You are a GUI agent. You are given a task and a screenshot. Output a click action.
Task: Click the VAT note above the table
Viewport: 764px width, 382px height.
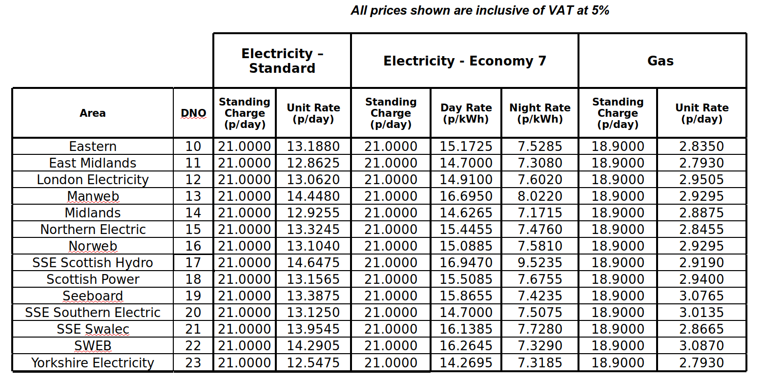tap(480, 11)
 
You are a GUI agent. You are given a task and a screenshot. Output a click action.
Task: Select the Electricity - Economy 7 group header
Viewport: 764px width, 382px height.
tap(464, 61)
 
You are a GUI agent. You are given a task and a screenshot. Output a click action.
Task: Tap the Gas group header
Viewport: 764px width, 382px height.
tap(660, 61)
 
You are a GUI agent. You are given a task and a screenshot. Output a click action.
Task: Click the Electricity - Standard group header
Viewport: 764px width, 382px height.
tap(282, 61)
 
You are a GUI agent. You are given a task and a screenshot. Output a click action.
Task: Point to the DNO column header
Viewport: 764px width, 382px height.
tap(193, 113)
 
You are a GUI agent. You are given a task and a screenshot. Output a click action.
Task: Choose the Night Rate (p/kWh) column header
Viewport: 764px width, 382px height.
tap(539, 113)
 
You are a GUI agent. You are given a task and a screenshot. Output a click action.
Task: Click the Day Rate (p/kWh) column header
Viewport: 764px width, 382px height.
tap(466, 113)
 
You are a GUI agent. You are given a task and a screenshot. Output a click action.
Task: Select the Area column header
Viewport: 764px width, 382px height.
tap(92, 113)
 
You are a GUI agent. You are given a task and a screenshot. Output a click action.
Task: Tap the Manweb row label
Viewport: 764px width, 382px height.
tap(93, 196)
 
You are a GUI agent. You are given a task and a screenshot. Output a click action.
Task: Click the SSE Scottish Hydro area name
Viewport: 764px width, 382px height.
tap(93, 263)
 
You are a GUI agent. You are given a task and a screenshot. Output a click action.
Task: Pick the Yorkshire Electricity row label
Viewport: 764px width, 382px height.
tap(93, 363)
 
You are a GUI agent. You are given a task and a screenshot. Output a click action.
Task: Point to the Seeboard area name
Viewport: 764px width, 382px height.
tap(93, 296)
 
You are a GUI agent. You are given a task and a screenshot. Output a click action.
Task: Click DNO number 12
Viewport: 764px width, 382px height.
tap(193, 180)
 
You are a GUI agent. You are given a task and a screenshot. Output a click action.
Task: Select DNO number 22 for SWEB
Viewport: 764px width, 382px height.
tap(193, 346)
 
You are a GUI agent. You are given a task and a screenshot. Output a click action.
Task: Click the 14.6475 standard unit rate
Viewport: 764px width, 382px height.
tap(313, 263)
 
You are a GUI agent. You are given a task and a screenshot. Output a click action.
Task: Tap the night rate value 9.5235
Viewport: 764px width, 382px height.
tap(540, 263)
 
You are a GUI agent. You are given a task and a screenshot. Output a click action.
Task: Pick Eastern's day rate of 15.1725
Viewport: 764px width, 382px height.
tap(466, 147)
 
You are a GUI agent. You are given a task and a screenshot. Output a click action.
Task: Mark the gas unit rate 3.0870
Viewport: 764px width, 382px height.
tap(702, 346)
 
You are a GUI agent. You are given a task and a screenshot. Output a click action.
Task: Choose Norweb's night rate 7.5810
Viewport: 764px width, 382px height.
tap(540, 246)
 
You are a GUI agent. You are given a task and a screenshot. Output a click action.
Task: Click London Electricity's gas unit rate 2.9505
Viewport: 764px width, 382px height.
tap(702, 180)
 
